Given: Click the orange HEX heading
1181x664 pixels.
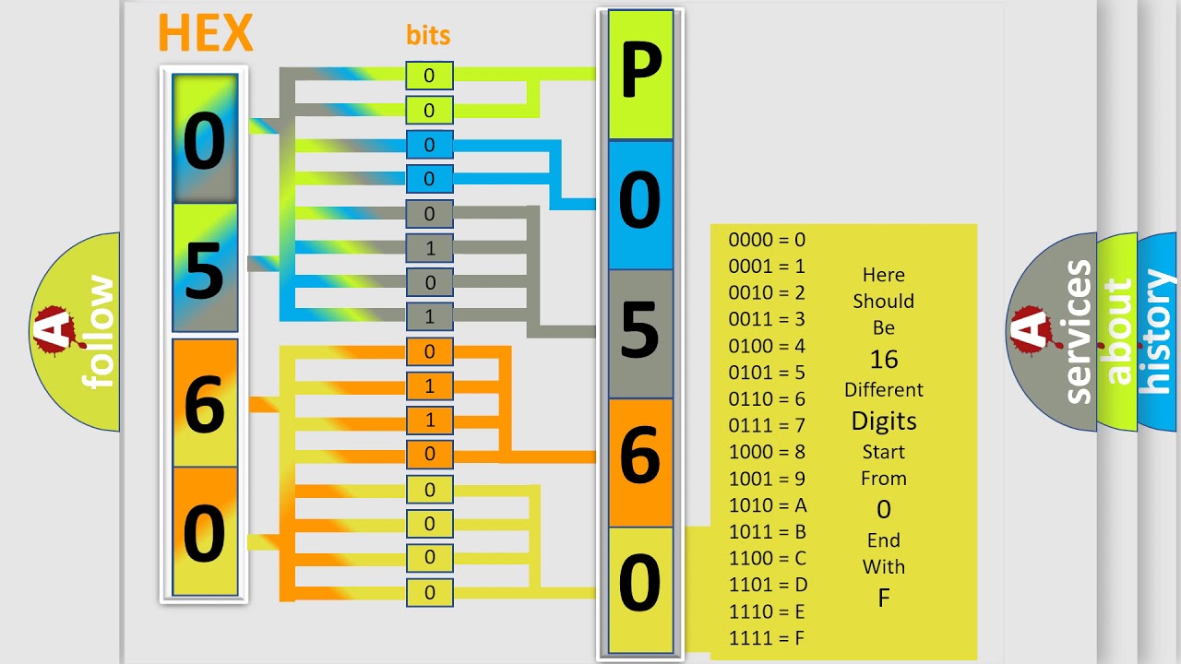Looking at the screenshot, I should coord(205,33).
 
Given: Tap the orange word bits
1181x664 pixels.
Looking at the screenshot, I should coord(428,35).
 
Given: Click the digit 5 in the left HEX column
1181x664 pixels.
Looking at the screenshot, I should coord(205,269).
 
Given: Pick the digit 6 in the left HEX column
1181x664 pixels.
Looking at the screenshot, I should coord(205,402).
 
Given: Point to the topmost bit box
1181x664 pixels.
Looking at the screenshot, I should coord(429,76).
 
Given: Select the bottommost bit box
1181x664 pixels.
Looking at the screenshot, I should coord(429,593).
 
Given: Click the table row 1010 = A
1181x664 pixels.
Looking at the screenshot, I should coord(768,505).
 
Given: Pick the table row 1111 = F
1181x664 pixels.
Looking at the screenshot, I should coord(768,638).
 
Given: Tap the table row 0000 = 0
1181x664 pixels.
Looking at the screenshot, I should coord(767,240).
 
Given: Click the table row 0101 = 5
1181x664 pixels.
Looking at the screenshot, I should coord(767,373).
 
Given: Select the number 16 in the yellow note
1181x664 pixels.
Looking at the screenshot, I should coord(883,360).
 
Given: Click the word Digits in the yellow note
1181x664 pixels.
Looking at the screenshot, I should coord(883,421).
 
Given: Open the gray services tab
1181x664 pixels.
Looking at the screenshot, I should coord(1078,332).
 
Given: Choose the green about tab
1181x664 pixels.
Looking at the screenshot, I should coord(1118,332).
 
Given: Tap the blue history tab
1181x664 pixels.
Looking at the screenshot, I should coord(1157,332).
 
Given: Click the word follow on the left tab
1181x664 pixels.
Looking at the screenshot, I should coord(98,332).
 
